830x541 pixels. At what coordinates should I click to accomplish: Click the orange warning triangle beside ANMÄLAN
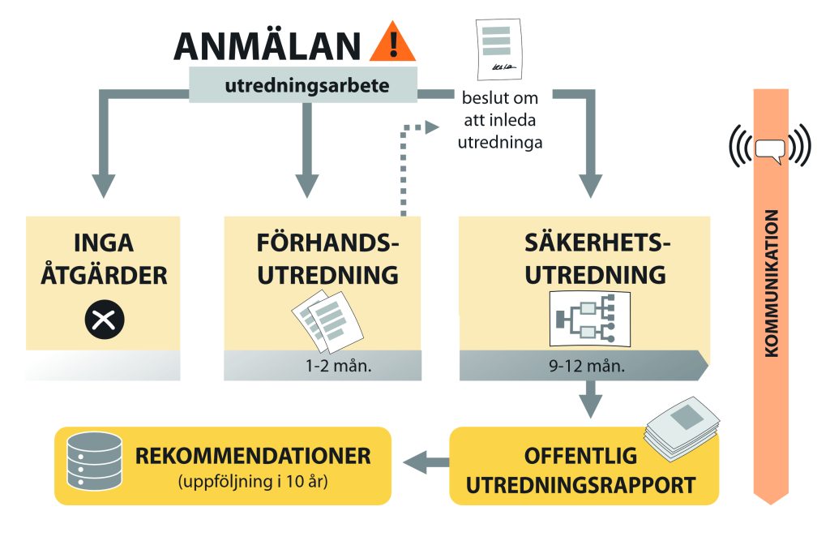(x=392, y=42)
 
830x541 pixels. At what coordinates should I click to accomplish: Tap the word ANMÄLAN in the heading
(x=267, y=46)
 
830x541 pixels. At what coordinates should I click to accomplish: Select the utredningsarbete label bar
(x=303, y=85)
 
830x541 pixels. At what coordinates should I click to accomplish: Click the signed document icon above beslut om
(x=498, y=49)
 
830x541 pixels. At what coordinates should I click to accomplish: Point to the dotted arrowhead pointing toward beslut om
(x=433, y=127)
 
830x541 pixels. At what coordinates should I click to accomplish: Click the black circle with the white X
(x=105, y=320)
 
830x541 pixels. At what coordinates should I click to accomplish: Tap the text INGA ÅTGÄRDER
(x=104, y=259)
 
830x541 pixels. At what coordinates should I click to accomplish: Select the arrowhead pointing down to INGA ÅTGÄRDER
(x=103, y=185)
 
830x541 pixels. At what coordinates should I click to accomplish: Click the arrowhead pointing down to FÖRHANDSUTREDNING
(x=306, y=185)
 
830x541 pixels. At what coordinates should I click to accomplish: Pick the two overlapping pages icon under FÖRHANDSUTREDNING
(x=327, y=321)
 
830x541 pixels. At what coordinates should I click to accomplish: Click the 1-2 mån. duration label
(x=338, y=366)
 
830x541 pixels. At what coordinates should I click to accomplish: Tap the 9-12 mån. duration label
(x=587, y=366)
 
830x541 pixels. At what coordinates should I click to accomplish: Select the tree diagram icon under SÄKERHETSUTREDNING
(x=590, y=319)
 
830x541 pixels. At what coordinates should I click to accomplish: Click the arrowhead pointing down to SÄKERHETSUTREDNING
(x=590, y=185)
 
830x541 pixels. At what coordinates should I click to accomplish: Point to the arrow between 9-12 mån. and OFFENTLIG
(x=591, y=399)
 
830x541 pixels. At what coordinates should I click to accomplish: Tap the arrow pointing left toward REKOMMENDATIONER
(x=426, y=462)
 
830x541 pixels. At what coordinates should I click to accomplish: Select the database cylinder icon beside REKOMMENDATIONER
(x=94, y=461)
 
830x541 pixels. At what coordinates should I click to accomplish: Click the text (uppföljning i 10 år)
(x=253, y=482)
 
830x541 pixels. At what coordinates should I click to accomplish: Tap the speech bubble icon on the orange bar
(x=770, y=151)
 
